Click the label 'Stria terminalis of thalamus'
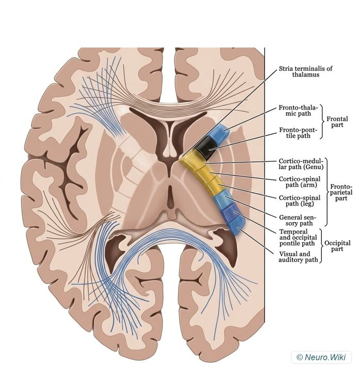pyautogui.click(x=305, y=71)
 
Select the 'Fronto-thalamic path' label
pyautogui.click(x=298, y=111)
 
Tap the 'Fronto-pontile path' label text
pyautogui.click(x=298, y=133)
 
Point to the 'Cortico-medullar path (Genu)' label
pyautogui.click(x=301, y=164)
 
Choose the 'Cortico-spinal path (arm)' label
pyautogui.click(x=300, y=182)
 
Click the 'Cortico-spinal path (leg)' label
pyautogui.click(x=300, y=200)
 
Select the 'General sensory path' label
pyautogui.click(x=298, y=220)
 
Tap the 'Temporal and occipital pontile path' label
pyautogui.click(x=298, y=238)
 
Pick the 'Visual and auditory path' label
pyautogui.click(x=298, y=257)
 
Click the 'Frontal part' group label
pyautogui.click(x=337, y=122)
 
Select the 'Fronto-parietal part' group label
pyautogui.click(x=341, y=192)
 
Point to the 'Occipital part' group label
pyautogui.click(x=337, y=246)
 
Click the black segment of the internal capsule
pyautogui.click(x=205, y=148)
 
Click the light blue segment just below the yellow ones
pyautogui.click(x=222, y=199)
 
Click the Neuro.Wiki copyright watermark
pyautogui.click(x=321, y=357)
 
